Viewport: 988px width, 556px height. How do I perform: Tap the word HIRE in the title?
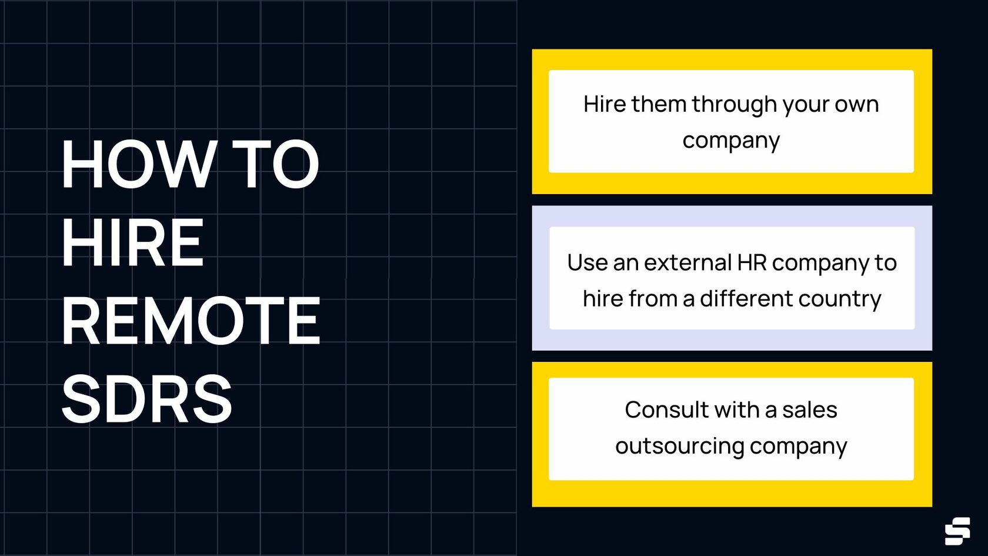[x=133, y=242]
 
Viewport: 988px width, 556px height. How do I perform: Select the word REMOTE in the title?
[x=191, y=321]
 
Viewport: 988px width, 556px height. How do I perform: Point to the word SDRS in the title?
[x=146, y=399]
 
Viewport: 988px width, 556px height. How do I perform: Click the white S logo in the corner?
[x=957, y=531]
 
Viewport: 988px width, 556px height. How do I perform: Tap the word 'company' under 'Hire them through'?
[x=731, y=141]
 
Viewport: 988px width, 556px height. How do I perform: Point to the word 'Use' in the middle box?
[x=586, y=263]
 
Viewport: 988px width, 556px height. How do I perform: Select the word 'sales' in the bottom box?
[x=809, y=409]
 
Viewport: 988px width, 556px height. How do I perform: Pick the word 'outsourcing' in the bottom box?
[x=679, y=446]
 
